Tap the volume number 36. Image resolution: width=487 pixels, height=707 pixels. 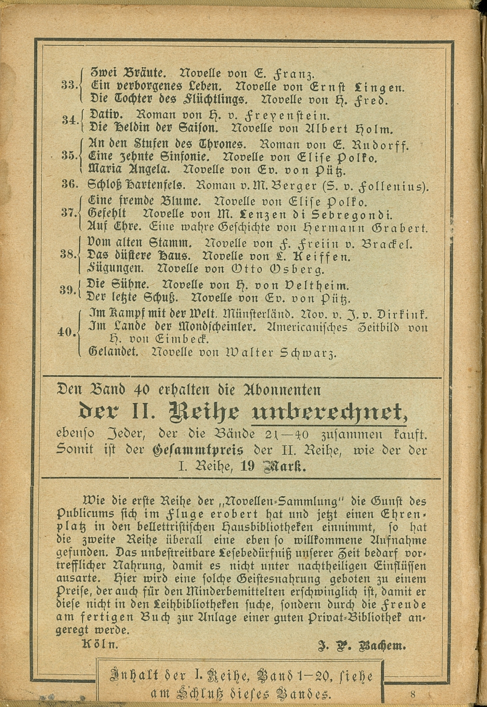tap(69, 184)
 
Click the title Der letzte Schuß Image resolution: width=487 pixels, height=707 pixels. tap(124, 298)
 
